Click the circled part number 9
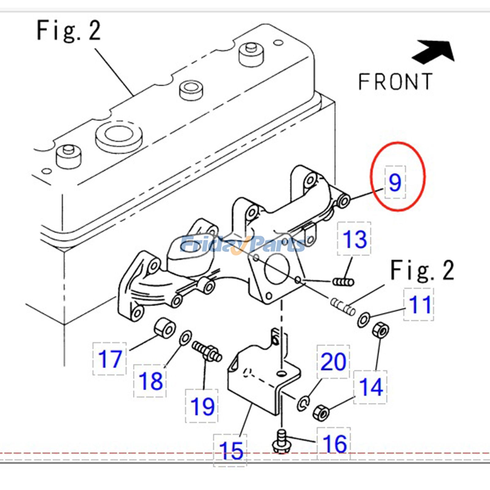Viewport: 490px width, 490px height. [395, 182]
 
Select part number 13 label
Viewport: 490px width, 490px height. [354, 239]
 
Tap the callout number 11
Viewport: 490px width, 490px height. [419, 304]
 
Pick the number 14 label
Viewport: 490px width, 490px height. [371, 387]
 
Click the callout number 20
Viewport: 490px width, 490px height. [333, 362]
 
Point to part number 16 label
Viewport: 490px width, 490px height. [334, 443]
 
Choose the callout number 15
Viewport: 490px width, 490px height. [231, 450]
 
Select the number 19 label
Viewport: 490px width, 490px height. [202, 406]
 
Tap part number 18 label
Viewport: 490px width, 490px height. [150, 381]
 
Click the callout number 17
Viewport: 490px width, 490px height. [110, 359]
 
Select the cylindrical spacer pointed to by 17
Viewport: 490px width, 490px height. [165, 328]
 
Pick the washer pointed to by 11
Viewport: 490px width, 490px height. [364, 319]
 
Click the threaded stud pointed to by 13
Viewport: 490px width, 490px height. [343, 281]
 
